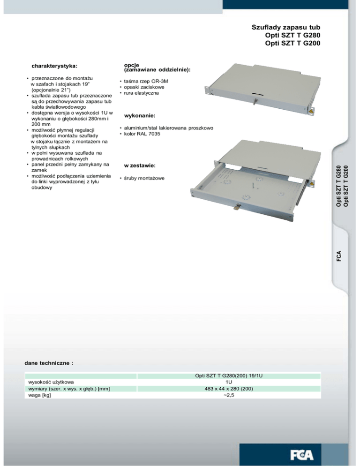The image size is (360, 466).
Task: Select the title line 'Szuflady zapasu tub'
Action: click(x=286, y=28)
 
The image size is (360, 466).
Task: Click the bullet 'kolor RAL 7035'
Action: click(x=142, y=134)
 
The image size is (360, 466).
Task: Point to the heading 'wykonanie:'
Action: click(x=139, y=115)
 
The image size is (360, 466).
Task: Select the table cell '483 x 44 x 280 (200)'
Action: click(x=229, y=389)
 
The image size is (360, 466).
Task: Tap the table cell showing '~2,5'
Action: click(x=229, y=395)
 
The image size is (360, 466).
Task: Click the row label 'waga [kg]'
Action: click(x=40, y=395)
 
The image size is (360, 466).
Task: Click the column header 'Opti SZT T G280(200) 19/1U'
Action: click(x=229, y=376)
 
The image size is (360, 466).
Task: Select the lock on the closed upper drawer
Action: click(x=256, y=100)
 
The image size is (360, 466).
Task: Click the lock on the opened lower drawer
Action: click(x=239, y=206)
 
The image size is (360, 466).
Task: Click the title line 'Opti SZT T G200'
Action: click(x=293, y=44)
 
